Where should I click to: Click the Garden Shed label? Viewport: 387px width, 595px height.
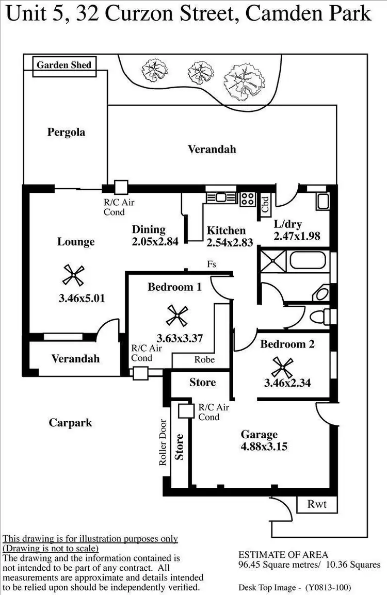click(x=64, y=65)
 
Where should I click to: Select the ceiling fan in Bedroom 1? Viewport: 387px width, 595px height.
click(x=178, y=316)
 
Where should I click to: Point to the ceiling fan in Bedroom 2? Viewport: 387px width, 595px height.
click(x=283, y=367)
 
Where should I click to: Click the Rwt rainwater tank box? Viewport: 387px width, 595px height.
click(x=317, y=504)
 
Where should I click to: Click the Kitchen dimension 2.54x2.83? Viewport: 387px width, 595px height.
click(x=230, y=242)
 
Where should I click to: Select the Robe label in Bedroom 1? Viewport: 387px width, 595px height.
click(x=204, y=359)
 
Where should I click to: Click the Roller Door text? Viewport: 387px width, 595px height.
click(x=163, y=442)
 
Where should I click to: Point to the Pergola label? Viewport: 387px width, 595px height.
click(x=66, y=132)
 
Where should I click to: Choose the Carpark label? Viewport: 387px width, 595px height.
click(x=70, y=423)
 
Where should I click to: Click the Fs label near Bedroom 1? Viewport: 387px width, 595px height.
click(x=212, y=265)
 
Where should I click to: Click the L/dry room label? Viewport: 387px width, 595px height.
click(x=288, y=225)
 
